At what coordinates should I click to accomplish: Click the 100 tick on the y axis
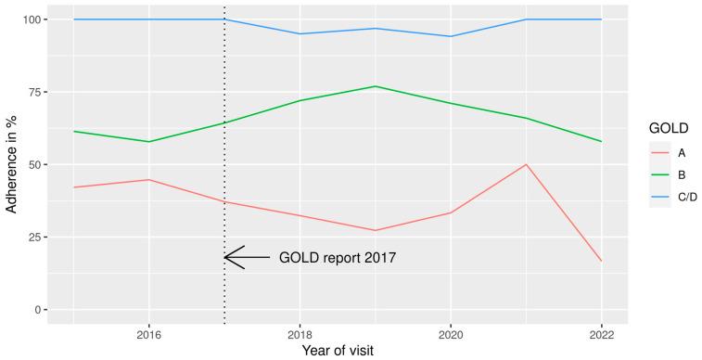click(x=30, y=19)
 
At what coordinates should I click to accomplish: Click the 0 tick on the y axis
click(x=36, y=309)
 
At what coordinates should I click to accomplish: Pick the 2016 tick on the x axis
click(x=148, y=332)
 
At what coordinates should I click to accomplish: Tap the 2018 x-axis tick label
click(x=300, y=332)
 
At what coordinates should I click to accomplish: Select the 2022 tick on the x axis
click(x=601, y=332)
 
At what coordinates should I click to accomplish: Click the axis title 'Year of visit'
click(x=338, y=351)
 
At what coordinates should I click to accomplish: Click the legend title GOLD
click(x=665, y=131)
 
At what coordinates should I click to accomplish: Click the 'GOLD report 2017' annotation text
click(x=338, y=258)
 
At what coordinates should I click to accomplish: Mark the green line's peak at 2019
click(x=375, y=86)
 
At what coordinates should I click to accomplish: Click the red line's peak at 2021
click(x=526, y=164)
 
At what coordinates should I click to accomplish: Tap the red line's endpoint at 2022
click(x=601, y=261)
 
